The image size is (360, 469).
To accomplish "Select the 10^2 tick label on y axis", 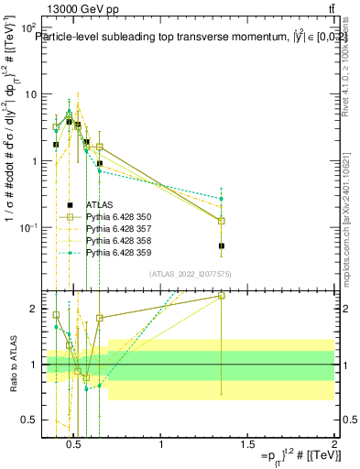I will pos(28,27).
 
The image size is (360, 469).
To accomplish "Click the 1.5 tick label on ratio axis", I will pos(28,336).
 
